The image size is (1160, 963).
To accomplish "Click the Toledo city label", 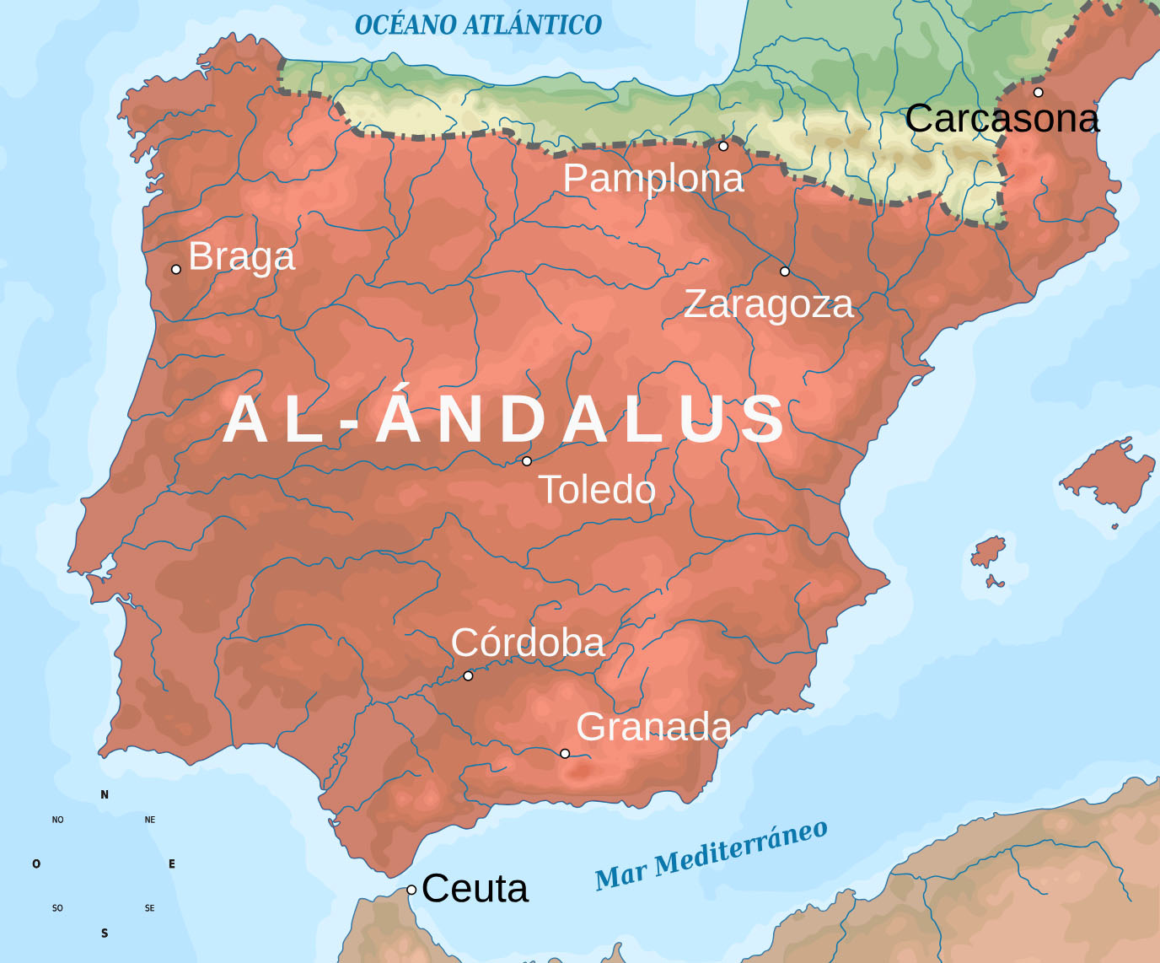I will pyautogui.click(x=597, y=490).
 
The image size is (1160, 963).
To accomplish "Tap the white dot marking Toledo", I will pyautogui.click(x=527, y=461).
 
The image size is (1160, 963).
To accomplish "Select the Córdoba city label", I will pyautogui.click(x=528, y=643).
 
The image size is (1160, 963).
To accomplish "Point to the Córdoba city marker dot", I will pyautogui.click(x=469, y=675).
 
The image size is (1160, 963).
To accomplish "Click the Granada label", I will pyautogui.click(x=653, y=727).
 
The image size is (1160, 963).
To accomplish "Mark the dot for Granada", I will pyautogui.click(x=565, y=753).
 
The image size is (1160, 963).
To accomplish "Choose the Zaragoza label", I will pyautogui.click(x=768, y=304).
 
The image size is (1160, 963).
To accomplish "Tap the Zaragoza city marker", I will pyautogui.click(x=785, y=272).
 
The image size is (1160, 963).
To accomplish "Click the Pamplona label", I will pyautogui.click(x=653, y=179).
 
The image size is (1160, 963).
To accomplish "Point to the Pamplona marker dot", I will pyautogui.click(x=723, y=146).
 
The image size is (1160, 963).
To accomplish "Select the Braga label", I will pyautogui.click(x=242, y=256).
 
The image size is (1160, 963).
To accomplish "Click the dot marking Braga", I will pyautogui.click(x=176, y=270).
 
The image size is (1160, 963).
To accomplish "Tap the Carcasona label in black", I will pyautogui.click(x=1002, y=119).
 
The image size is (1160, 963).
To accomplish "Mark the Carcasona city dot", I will pyautogui.click(x=1039, y=93).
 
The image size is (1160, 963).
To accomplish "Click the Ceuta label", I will pyautogui.click(x=475, y=889).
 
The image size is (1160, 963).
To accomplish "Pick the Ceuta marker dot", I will pyautogui.click(x=411, y=890).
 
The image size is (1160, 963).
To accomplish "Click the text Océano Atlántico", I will pyautogui.click(x=478, y=25).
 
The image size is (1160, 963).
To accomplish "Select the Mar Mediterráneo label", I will pyautogui.click(x=711, y=855).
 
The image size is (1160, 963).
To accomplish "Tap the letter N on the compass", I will pyautogui.click(x=105, y=794).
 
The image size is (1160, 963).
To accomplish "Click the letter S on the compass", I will pyautogui.click(x=105, y=933).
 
